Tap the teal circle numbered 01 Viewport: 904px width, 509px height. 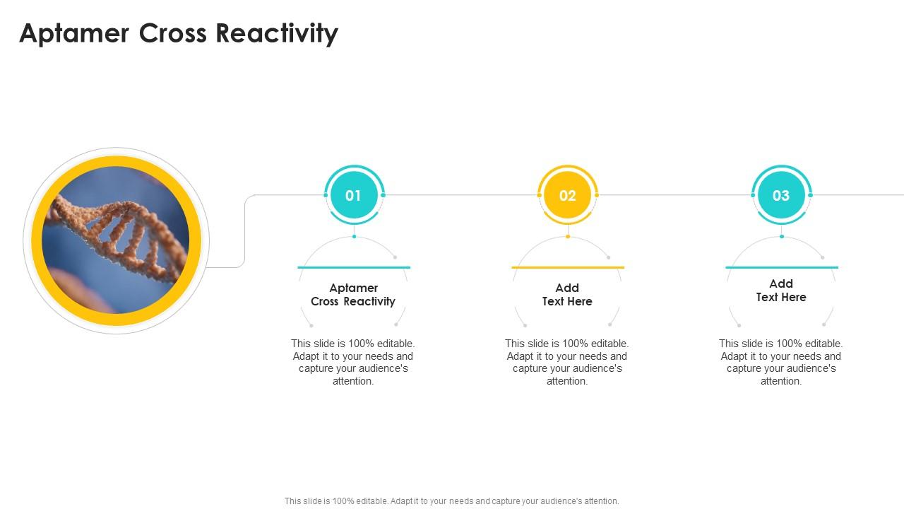[x=353, y=195]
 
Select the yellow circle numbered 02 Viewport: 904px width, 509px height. [x=567, y=195]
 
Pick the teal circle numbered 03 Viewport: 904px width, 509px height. [x=780, y=195]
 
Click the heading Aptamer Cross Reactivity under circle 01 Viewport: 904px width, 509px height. [x=353, y=295]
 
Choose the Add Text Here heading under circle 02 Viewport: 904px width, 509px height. [x=567, y=295]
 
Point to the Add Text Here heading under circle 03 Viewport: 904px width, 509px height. [x=780, y=291]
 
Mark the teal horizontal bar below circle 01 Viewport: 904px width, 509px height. [x=354, y=267]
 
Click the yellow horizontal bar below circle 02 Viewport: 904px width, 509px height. [x=567, y=267]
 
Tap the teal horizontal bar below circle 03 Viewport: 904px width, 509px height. [x=781, y=267]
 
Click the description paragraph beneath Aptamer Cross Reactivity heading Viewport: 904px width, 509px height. [x=353, y=362]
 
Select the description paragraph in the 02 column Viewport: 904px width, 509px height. [x=567, y=362]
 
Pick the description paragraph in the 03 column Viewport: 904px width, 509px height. [x=780, y=362]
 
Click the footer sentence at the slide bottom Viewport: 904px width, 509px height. [x=452, y=501]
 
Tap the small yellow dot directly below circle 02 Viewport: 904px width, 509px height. [x=568, y=236]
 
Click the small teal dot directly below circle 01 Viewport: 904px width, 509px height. [x=354, y=236]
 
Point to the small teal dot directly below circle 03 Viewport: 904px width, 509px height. [x=782, y=236]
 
